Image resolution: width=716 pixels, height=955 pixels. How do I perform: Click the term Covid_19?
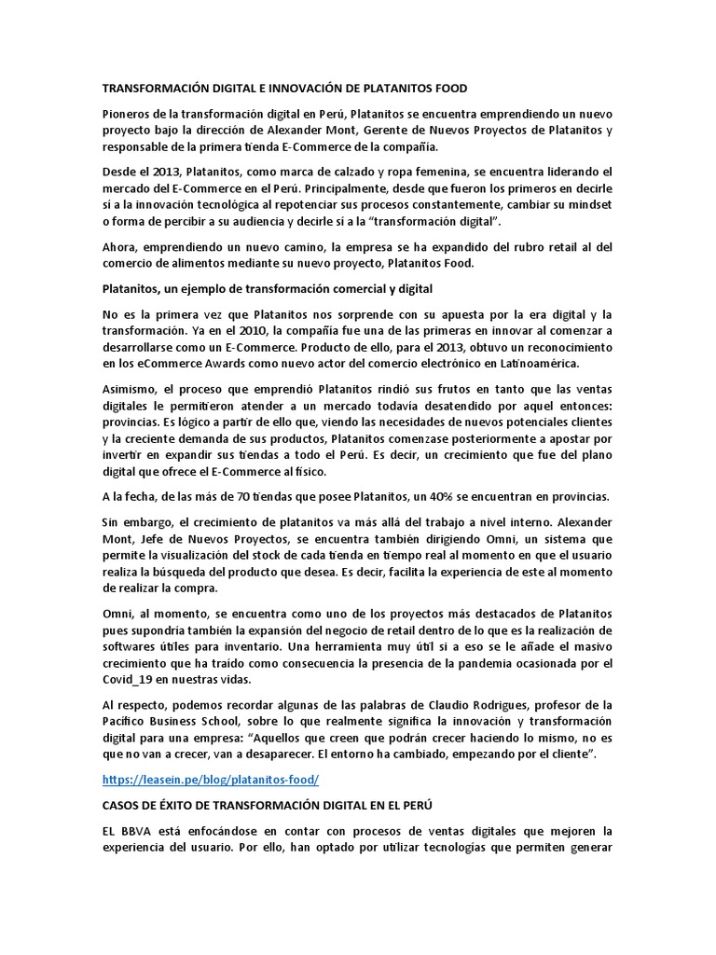pyautogui.click(x=128, y=680)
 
